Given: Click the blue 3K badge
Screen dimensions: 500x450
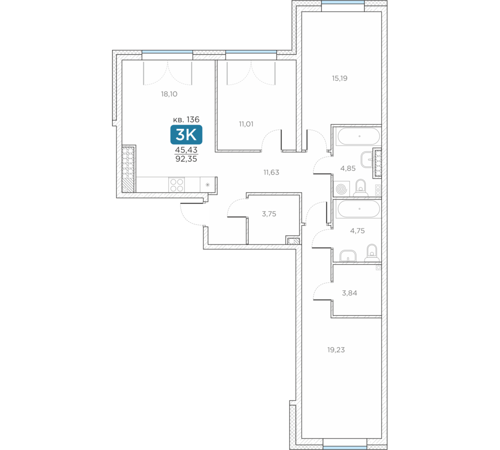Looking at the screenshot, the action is [186, 134].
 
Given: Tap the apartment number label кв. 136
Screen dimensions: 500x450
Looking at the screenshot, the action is [186, 119].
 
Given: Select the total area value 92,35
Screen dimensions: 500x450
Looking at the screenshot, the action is [186, 159].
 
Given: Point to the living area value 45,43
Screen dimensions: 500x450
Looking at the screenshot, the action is [186, 149].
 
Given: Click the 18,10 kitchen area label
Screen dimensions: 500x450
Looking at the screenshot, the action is [169, 94].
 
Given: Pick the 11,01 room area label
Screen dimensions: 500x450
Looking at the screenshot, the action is [246, 124].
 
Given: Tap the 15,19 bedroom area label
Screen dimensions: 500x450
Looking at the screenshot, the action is [339, 78].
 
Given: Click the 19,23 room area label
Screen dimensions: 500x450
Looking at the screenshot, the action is [336, 350].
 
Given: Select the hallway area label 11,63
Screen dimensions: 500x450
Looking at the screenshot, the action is [271, 172].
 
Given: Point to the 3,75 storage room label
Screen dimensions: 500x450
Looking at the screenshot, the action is [269, 214].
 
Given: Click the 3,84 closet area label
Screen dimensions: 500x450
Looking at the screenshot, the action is [349, 293].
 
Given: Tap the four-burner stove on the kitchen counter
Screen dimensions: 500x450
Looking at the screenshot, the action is [176, 185].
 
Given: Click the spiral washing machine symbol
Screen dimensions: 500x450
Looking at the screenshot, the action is [341, 189].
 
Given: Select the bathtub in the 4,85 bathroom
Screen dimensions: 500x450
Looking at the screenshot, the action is [358, 136].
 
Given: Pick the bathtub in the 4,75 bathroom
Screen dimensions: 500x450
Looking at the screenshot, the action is [358, 209].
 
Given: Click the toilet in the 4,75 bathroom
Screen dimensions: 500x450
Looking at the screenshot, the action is [371, 253].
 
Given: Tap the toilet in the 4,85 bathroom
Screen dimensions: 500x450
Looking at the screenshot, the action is [360, 188].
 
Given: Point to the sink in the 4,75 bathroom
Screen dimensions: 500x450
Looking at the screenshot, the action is [348, 256].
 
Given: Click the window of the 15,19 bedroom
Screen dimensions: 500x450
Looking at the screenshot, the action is [343, 2].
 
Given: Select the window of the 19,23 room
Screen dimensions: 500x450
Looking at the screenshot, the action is [344, 448].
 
